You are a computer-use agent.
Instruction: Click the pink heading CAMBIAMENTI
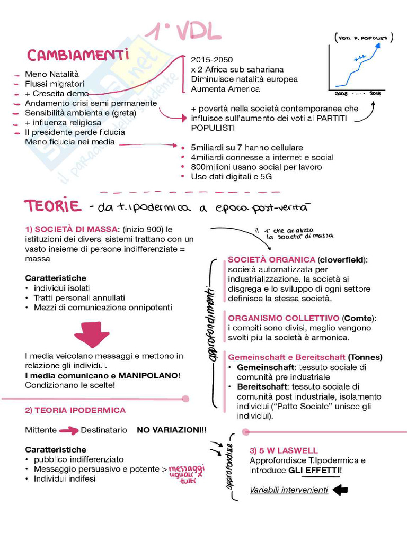78,56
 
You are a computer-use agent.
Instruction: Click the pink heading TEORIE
52,205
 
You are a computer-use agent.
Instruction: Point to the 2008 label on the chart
341,94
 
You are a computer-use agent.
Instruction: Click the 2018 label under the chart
375,94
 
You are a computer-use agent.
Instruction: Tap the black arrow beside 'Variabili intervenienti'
340,490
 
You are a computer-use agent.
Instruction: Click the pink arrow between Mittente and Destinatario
68,430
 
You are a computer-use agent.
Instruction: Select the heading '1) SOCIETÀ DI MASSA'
71,229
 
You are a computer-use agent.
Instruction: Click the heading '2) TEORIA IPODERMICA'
75,410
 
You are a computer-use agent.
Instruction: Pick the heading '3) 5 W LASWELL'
284,451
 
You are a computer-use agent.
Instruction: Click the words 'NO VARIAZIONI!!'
172,430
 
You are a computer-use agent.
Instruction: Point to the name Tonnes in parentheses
365,357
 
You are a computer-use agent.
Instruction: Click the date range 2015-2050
211,60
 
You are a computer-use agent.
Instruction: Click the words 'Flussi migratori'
55,84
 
